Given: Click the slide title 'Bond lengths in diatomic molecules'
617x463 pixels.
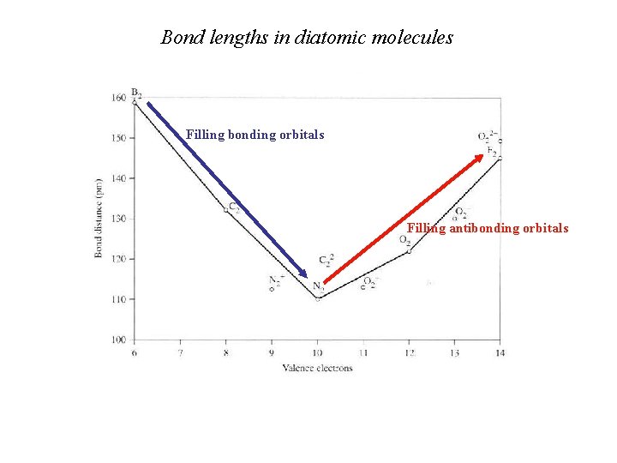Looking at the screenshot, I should [307, 38].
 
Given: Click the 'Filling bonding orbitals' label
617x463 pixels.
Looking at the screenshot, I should [255, 135].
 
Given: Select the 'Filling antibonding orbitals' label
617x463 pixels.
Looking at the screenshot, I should [487, 228].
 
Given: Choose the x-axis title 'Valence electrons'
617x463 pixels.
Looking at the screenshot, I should [317, 368].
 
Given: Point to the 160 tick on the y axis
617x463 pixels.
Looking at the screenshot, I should [118, 97].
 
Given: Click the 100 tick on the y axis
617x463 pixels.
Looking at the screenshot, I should [118, 340].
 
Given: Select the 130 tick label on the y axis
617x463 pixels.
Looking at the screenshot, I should [118, 219].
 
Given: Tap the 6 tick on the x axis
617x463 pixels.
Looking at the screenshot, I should [135, 352].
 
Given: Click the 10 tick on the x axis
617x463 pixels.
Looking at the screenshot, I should [318, 352].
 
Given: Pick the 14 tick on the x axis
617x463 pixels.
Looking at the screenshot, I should [500, 352].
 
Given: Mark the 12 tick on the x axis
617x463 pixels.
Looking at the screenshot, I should [409, 352].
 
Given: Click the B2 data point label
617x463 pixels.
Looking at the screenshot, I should [136, 92].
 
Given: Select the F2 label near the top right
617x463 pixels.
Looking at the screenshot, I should [492, 151].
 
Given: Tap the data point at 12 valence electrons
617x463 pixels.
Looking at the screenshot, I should [409, 250].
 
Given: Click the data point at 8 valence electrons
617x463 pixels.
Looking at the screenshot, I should [226, 210].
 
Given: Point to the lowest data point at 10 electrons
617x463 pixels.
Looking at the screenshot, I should [318, 298].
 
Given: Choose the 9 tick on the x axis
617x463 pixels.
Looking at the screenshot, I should [272, 352].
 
